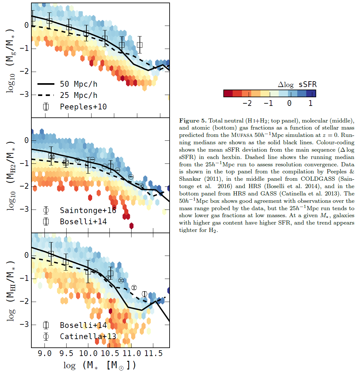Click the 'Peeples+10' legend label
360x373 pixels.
83,107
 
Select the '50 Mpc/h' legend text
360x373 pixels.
78,84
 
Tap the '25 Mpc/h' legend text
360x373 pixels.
78,95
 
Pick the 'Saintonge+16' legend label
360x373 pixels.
88,210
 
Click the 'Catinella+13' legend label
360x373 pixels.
88,337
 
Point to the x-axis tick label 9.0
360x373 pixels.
44,353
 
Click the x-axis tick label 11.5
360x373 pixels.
153,353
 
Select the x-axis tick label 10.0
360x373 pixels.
88,353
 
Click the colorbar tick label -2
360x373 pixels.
247,103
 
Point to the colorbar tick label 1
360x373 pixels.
310,103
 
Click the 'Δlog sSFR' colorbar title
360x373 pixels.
297,85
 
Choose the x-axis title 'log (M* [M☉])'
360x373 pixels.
100,365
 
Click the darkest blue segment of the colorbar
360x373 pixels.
311,93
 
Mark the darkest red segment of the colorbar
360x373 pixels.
228,93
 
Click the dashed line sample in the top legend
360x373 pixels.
46,95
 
